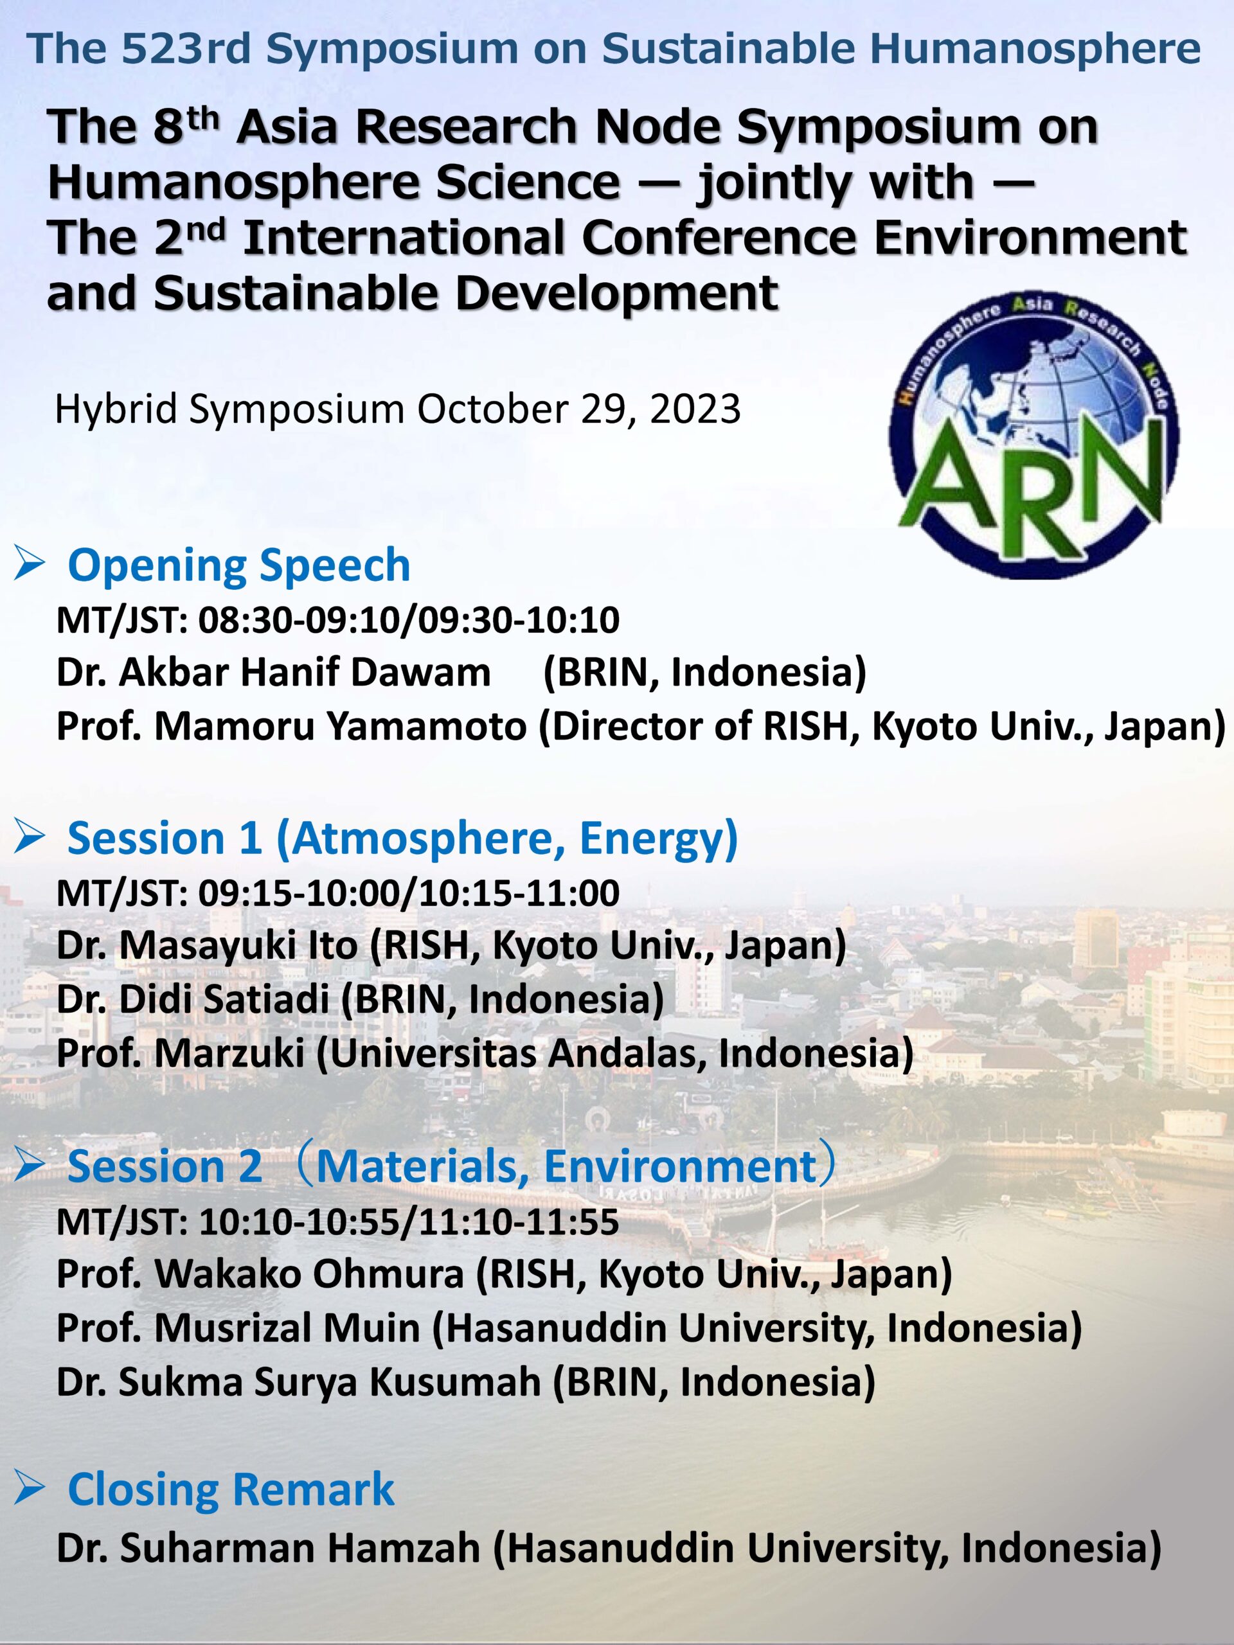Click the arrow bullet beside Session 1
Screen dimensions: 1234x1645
click(x=30, y=839)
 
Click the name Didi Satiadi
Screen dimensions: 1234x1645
click(x=224, y=999)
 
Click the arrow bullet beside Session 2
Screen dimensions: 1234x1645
click(x=30, y=1167)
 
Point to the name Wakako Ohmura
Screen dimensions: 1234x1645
click(x=308, y=1274)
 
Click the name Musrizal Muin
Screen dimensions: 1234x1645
click(x=287, y=1328)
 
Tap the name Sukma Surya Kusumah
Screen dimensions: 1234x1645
click(x=330, y=1382)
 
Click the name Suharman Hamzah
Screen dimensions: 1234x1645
click(x=299, y=1549)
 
